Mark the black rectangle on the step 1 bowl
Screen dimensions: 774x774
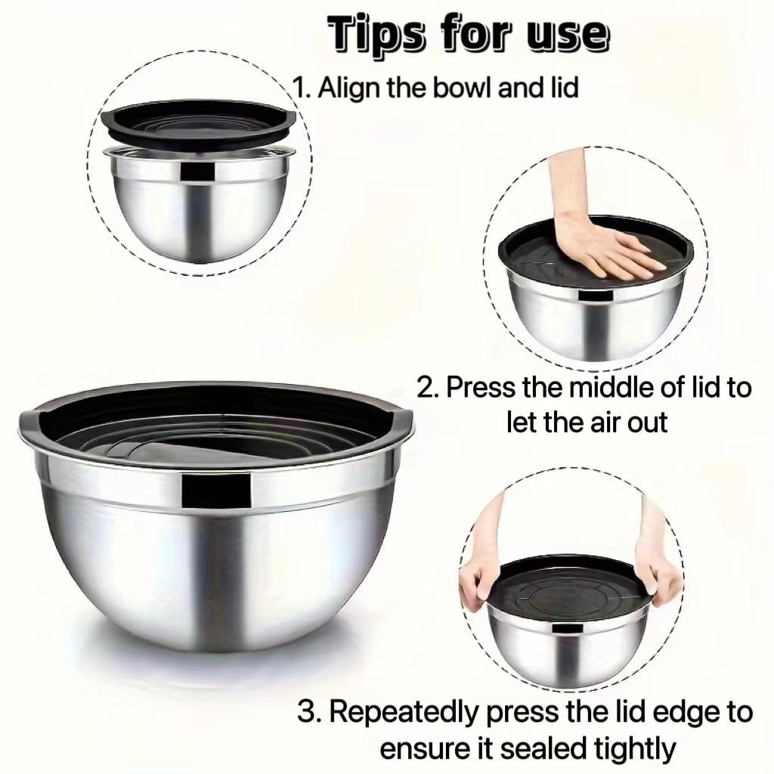(197, 171)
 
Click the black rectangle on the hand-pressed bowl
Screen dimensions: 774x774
(596, 296)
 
